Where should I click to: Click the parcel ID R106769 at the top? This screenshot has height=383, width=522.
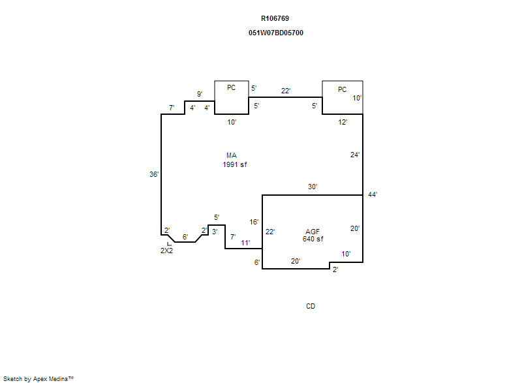point(275,19)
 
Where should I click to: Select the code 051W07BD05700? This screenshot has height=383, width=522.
point(275,33)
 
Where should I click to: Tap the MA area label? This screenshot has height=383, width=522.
point(232,155)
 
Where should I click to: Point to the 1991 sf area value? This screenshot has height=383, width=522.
point(235,164)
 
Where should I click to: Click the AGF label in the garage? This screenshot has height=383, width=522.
point(313,232)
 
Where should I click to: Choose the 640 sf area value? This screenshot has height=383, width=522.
point(313,239)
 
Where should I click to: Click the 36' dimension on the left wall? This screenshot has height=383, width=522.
point(154,174)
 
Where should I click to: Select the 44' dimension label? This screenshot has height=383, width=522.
point(373,194)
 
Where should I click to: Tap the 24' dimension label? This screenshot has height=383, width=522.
point(355,155)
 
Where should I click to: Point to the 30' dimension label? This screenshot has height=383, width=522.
point(313,187)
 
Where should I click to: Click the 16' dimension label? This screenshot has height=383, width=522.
point(254,222)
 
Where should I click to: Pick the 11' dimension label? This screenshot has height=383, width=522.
point(245,243)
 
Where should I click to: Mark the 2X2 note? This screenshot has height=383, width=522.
point(166,251)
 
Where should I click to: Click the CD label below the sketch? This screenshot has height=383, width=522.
point(311,306)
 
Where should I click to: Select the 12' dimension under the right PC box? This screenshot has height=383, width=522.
point(343,122)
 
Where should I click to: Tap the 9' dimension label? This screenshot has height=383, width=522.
point(200,94)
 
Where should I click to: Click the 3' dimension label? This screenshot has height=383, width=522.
point(215,232)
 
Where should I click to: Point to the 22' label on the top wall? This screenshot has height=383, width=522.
point(286,91)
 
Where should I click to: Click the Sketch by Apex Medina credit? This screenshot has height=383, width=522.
point(38,378)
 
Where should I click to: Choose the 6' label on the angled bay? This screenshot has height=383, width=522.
point(185,237)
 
